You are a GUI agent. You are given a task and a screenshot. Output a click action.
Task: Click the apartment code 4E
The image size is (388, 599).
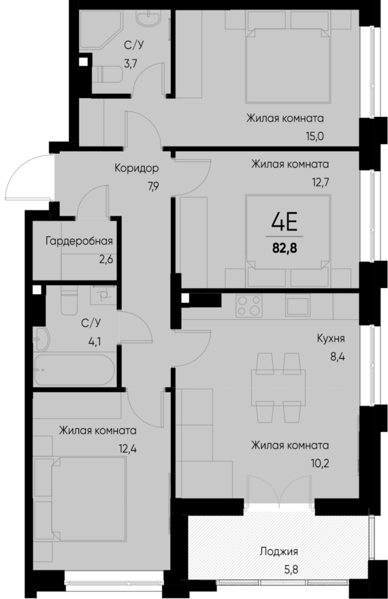pyautogui.click(x=286, y=223)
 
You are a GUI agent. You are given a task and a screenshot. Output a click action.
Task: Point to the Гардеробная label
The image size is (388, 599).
pyautogui.click(x=79, y=241)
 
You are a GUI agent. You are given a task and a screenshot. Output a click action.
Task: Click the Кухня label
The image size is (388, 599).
pyautogui.click(x=330, y=338)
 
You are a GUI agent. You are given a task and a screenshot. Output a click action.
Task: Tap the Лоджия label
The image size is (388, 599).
pyautogui.click(x=279, y=551)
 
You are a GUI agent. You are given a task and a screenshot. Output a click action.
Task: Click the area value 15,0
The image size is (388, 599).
pyautogui.click(x=314, y=135)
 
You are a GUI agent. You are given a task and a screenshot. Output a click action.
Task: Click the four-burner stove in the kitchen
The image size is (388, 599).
pyautogui.click(x=248, y=306)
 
